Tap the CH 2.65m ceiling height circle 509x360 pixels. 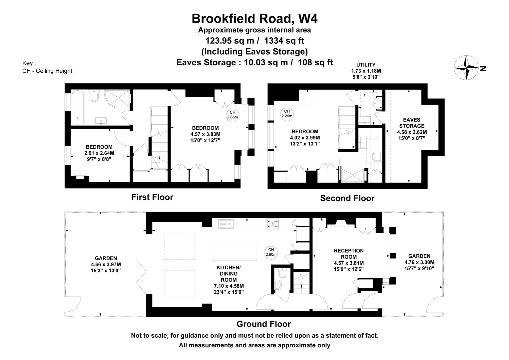[232, 115]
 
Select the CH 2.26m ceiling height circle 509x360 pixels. [287, 114]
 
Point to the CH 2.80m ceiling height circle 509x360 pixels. [271, 252]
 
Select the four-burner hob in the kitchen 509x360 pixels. [272, 223]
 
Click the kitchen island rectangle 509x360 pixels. [235, 254]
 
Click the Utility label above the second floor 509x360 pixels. [366, 65]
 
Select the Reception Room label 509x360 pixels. [349, 254]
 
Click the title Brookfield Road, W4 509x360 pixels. [254, 18]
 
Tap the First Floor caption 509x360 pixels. [152, 197]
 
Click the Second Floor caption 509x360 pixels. [347, 198]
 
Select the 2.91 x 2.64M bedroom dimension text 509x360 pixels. [99, 153]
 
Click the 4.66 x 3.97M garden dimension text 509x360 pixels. [106, 264]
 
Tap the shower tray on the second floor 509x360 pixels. [353, 175]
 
